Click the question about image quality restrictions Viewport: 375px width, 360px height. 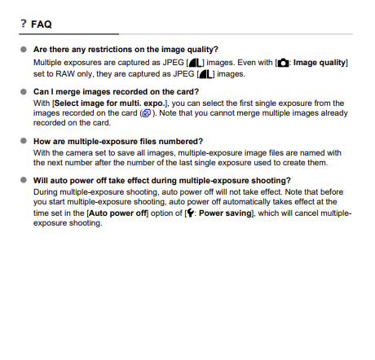click(126, 50)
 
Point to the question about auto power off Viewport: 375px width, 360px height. click(162, 181)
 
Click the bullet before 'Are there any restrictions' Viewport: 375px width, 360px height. click(24, 50)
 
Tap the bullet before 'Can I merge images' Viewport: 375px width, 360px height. click(24, 92)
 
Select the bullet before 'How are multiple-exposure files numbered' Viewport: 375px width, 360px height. click(24, 142)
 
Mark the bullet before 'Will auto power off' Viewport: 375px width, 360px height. click(24, 181)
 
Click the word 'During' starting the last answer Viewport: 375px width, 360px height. click(46, 192)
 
